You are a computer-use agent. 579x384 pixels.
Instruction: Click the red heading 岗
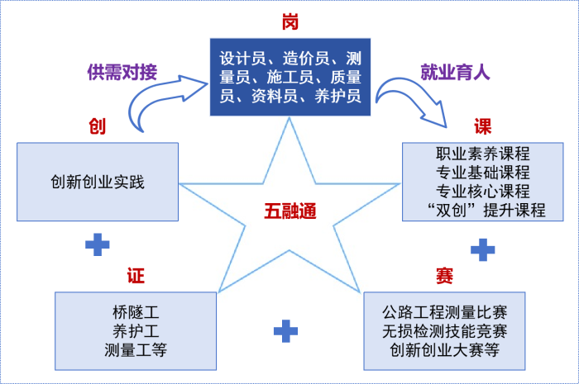289,17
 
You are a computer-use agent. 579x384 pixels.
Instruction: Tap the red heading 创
98,126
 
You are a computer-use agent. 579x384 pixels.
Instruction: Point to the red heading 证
135,274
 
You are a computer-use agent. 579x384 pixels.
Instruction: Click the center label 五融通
290,210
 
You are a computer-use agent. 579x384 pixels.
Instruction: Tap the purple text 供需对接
120,72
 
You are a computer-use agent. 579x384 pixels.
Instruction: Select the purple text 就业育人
456,72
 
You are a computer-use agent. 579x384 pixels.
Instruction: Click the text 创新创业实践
98,181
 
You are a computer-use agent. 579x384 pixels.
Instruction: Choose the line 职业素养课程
483,154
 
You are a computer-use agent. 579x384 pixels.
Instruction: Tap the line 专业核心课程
483,192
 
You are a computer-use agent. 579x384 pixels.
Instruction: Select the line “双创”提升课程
483,210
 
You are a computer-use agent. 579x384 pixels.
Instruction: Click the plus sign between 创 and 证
98,244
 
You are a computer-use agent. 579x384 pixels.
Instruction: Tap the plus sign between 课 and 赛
482,249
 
